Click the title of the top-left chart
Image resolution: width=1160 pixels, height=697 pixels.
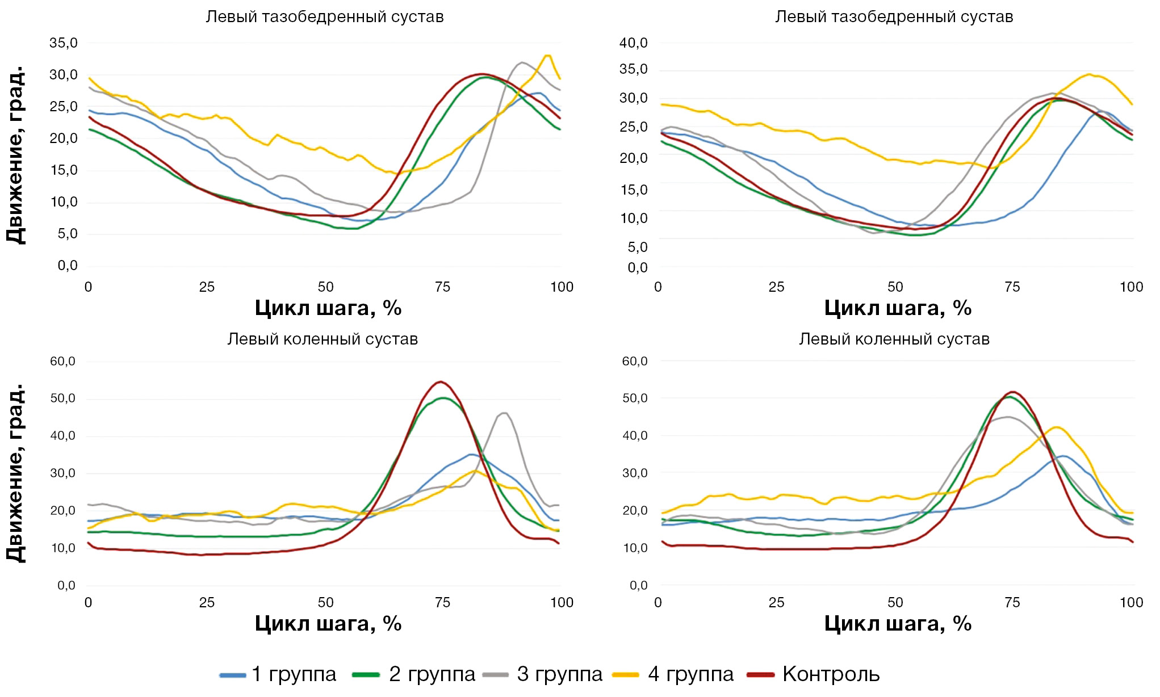point(324,17)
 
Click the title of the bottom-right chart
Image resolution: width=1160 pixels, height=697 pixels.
point(894,339)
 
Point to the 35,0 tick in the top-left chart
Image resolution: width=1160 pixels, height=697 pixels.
point(64,43)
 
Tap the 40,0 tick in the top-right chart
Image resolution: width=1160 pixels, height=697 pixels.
point(634,43)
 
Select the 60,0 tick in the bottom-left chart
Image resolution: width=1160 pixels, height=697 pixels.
point(63,362)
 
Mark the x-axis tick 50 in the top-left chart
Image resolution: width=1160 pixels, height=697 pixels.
point(325,287)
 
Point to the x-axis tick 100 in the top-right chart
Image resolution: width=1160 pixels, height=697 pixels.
point(1131,287)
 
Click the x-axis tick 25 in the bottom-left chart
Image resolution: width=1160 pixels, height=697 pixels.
point(207,603)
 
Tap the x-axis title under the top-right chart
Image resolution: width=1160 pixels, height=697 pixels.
point(898,308)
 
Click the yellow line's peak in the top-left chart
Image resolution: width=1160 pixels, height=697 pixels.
point(548,56)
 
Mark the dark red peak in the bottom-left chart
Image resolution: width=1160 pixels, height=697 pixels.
point(441,381)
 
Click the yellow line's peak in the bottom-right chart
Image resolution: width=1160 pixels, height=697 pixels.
point(1056,427)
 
